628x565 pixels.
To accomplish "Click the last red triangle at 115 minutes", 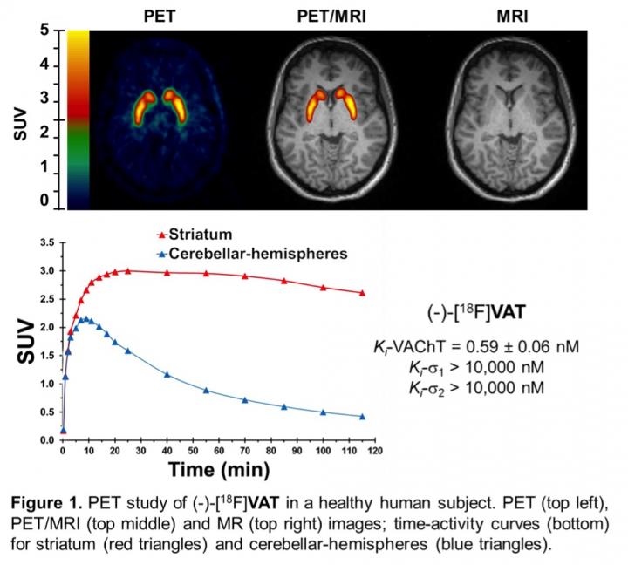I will (x=362, y=293).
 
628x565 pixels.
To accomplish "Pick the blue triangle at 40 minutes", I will (x=167, y=375).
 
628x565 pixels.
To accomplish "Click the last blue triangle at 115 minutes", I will (x=362, y=416).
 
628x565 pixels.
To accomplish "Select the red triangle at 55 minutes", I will (x=206, y=274).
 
